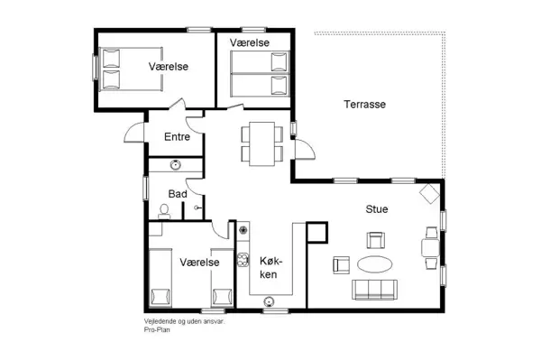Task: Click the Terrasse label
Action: pyautogui.click(x=364, y=105)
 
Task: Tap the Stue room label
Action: pyautogui.click(x=376, y=209)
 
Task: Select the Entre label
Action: pyautogui.click(x=176, y=137)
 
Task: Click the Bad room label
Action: pyautogui.click(x=177, y=194)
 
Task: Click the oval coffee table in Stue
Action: pyautogui.click(x=375, y=264)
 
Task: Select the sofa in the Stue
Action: pyautogui.click(x=374, y=290)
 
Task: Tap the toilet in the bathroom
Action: pyautogui.click(x=164, y=210)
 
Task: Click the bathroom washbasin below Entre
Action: pyautogui.click(x=176, y=164)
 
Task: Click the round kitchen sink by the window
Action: pyautogui.click(x=268, y=301)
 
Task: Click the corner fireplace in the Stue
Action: pyautogui.click(x=428, y=193)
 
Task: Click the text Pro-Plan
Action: pyautogui.click(x=157, y=329)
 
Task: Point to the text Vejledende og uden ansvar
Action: pyautogui.click(x=184, y=321)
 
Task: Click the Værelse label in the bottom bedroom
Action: pyautogui.click(x=199, y=263)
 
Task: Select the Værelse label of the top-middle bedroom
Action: pyautogui.click(x=249, y=42)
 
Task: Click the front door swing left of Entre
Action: pyautogui.click(x=133, y=133)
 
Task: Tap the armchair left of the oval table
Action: pyautogui.click(x=342, y=264)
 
